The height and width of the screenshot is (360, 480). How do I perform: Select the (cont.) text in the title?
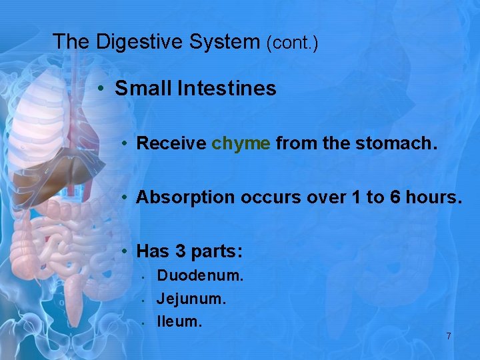[x=292, y=43]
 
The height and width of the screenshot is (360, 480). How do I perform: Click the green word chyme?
[x=241, y=143]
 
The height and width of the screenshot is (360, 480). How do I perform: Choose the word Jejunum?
[x=191, y=298]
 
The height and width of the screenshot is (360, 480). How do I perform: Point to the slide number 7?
[x=449, y=336]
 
